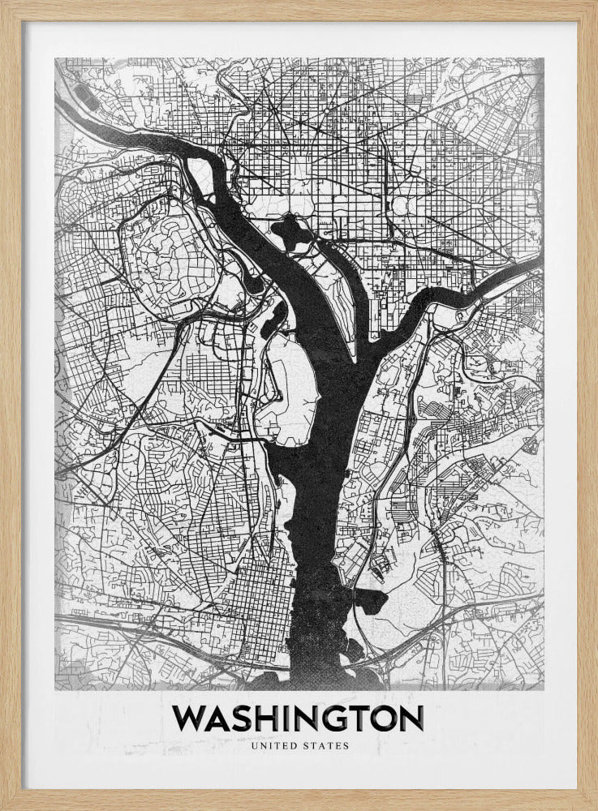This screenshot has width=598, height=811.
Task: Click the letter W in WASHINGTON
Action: [191, 719]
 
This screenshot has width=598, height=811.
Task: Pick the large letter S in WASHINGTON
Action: [247, 719]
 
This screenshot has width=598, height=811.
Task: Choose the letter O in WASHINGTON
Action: [383, 719]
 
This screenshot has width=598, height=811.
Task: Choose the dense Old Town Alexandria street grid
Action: [260, 592]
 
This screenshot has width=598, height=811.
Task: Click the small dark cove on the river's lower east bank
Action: [373, 600]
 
